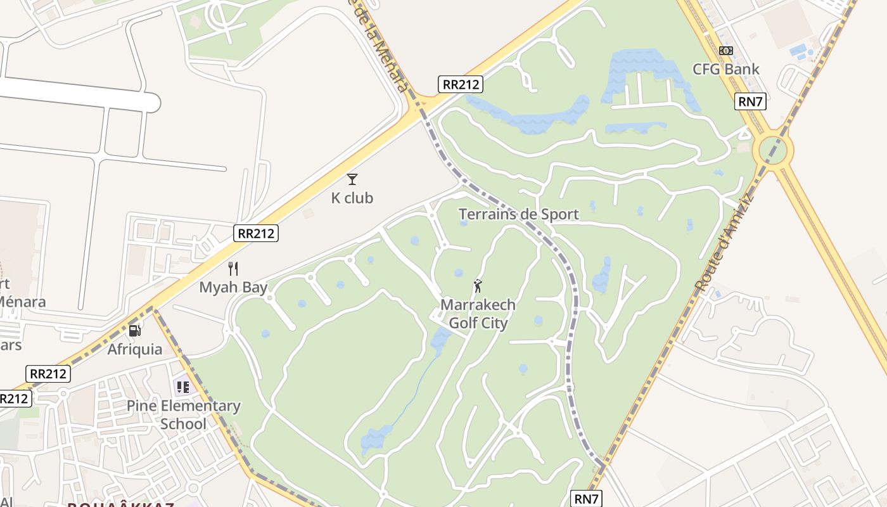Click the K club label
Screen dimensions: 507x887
[352, 198]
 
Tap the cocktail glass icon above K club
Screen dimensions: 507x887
[352, 179]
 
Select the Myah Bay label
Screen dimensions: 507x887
[233, 287]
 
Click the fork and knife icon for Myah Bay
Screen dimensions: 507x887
[233, 269]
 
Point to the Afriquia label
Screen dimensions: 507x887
[134, 349]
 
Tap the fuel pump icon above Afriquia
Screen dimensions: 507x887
[134, 330]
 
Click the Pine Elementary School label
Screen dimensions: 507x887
[183, 414]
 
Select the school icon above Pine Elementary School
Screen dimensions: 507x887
[183, 387]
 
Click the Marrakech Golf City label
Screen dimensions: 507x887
[478, 314]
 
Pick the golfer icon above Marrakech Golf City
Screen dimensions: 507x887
[478, 286]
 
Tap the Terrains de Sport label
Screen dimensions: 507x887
[518, 214]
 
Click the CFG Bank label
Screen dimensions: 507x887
[725, 69]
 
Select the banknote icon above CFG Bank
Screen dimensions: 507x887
[726, 51]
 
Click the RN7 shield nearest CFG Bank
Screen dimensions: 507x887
[750, 101]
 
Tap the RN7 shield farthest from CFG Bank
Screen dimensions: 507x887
[586, 499]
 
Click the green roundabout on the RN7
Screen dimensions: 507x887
[772, 150]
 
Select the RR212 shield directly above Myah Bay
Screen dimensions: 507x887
[256, 233]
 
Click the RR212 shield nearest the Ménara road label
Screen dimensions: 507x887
[461, 84]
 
